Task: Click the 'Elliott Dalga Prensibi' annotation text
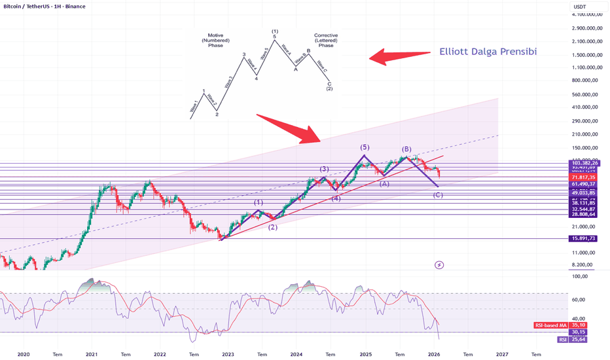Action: click(488, 51)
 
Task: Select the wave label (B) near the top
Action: click(406, 149)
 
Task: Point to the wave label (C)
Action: click(438, 195)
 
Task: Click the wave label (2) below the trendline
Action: click(273, 227)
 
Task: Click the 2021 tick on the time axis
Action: click(92, 353)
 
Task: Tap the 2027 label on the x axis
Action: click(502, 353)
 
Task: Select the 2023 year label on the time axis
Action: click(228, 353)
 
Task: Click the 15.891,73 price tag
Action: click(583, 239)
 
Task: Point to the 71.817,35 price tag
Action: click(583, 177)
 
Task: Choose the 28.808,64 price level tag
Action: click(583, 214)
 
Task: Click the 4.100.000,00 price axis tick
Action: click(586, 14)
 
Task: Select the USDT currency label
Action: click(579, 7)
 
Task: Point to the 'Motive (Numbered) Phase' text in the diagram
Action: click(215, 40)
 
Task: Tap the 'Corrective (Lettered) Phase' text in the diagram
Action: click(325, 40)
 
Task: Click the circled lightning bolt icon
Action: click(439, 265)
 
